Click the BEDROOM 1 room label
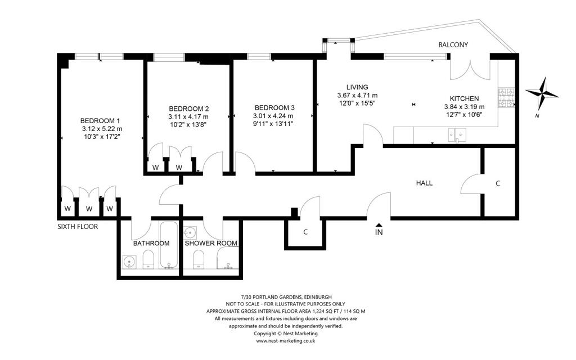click(100, 121)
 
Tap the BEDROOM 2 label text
click(189, 109)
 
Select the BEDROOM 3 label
click(274, 108)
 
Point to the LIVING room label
click(357, 87)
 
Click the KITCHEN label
click(464, 99)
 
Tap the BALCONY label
click(453, 45)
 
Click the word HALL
click(424, 183)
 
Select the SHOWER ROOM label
click(211, 243)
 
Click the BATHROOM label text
click(151, 243)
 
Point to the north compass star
click(542, 93)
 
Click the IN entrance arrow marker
click(379, 225)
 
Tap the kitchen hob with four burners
click(506, 98)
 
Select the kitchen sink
click(457, 135)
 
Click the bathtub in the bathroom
click(169, 245)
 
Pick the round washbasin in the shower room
click(190, 232)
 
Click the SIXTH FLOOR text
click(78, 227)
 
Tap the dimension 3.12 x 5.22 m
click(102, 129)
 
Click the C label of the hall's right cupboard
click(498, 183)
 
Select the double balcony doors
click(470, 69)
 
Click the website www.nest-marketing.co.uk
click(285, 341)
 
